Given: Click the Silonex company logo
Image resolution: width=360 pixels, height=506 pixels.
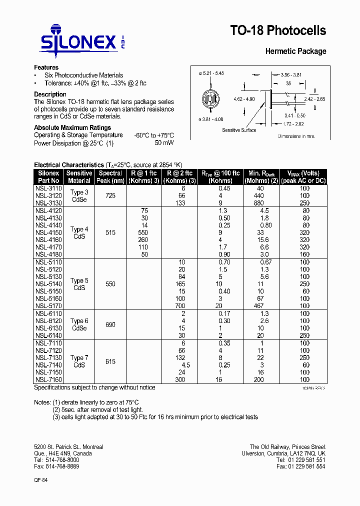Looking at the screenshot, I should (82, 38).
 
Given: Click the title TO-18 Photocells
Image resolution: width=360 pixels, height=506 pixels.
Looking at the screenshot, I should (277, 30).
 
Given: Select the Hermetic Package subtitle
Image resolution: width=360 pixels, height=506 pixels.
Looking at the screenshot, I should (295, 51).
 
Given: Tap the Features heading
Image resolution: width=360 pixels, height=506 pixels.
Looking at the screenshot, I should (46, 67).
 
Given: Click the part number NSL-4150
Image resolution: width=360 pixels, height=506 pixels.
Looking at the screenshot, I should (48, 232).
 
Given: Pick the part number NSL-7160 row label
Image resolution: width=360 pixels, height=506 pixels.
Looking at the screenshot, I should (48, 379).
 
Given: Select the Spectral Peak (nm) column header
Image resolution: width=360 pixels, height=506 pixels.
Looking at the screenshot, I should (110, 177).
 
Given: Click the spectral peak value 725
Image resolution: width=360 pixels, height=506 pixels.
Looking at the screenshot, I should (110, 195).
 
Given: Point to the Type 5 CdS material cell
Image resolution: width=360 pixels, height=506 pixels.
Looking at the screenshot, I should (79, 284).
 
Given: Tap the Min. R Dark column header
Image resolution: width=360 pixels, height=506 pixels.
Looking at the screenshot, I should (260, 177).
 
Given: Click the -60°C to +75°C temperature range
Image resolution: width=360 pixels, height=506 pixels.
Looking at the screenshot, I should (153, 135).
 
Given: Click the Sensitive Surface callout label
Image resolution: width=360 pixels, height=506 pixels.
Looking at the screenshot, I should (239, 130).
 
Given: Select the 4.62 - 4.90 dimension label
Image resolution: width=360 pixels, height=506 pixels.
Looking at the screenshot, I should (244, 99).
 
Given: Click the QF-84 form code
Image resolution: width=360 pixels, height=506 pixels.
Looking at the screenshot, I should (40, 479).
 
